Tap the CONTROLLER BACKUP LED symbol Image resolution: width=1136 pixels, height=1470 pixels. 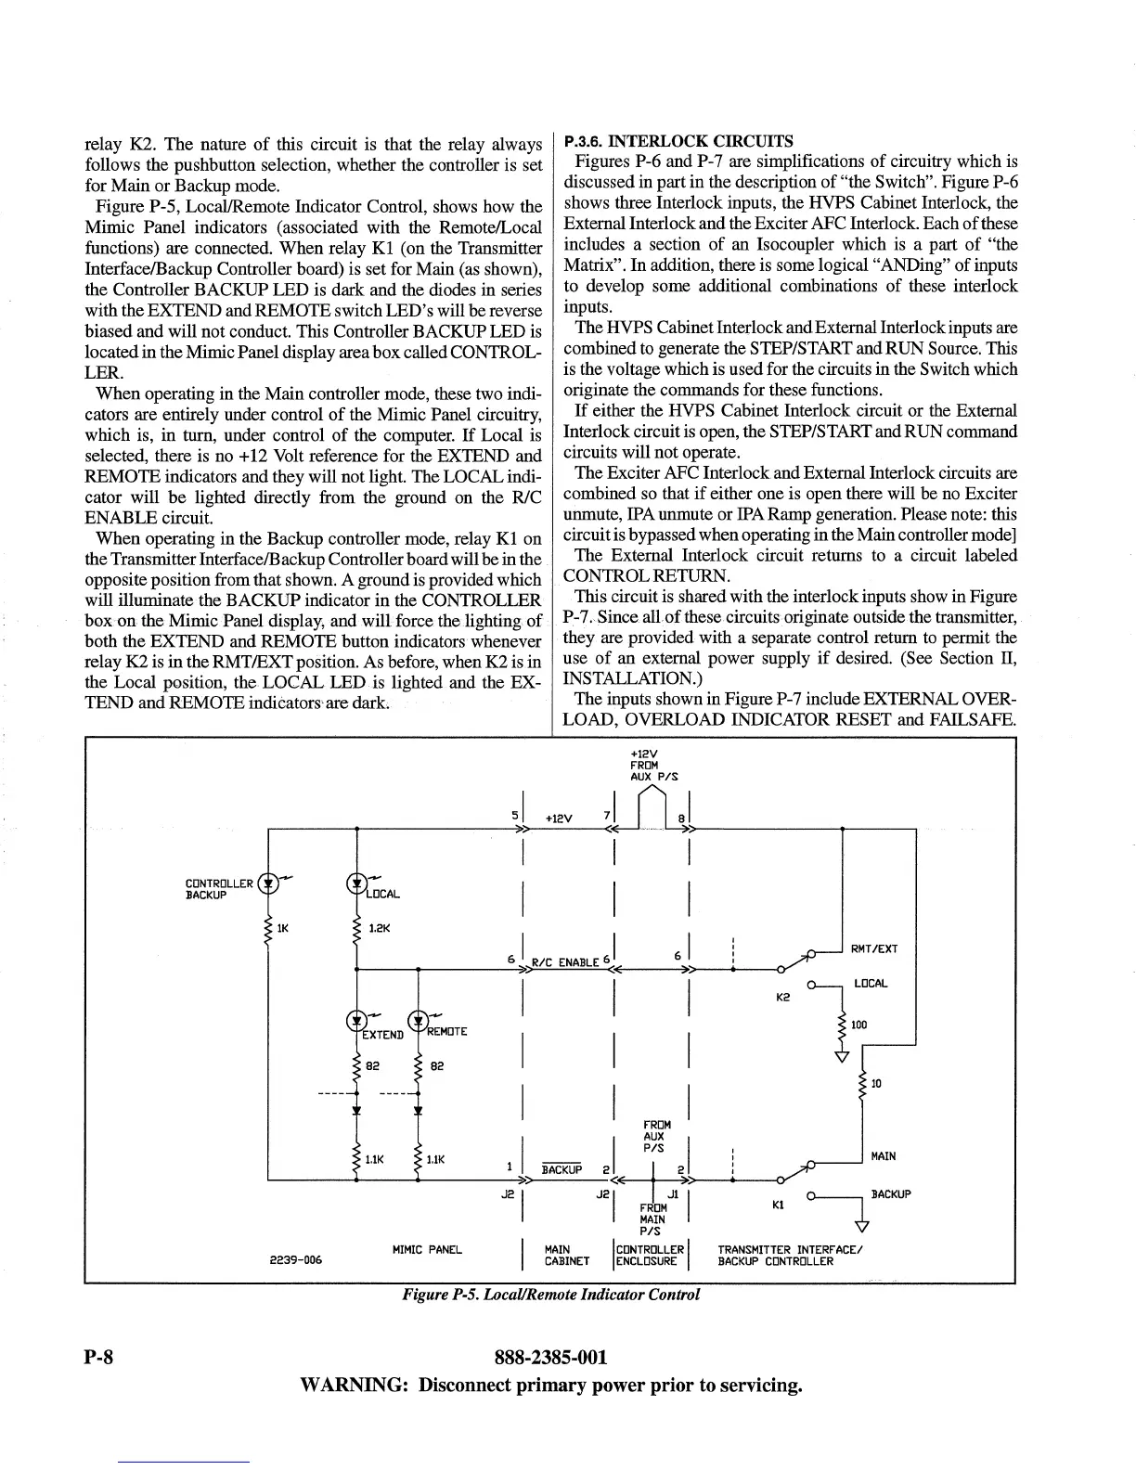[x=268, y=883]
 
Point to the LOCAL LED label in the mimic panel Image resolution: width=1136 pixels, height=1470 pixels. [x=382, y=894]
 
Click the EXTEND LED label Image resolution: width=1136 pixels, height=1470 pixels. [x=382, y=1034]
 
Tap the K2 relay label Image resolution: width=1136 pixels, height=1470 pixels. [x=782, y=998]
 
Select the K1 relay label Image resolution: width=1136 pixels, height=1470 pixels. [x=781, y=1206]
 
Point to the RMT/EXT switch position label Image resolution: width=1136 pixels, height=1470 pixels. [x=873, y=948]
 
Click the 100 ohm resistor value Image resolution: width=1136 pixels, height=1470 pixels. [x=858, y=1025]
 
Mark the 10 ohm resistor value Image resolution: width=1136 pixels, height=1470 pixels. [x=877, y=1083]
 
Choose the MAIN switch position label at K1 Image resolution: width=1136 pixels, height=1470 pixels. [x=884, y=1156]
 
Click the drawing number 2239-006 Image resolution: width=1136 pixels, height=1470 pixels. [x=295, y=1259]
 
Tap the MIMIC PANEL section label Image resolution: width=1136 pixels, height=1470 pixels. [x=427, y=1250]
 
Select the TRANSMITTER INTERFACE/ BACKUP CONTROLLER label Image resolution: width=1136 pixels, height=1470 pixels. [x=791, y=1256]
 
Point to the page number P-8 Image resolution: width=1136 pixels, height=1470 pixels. [x=97, y=1358]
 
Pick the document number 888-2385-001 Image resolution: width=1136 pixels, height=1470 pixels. [x=551, y=1358]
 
